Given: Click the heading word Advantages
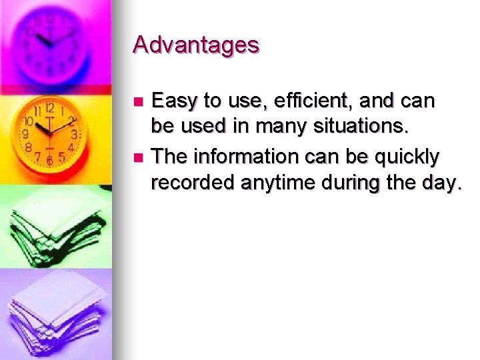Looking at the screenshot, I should (196, 45).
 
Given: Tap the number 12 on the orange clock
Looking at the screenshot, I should (49, 108).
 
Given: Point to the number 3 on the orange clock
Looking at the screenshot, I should (75, 134).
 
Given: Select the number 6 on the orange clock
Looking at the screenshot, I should (49, 160).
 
